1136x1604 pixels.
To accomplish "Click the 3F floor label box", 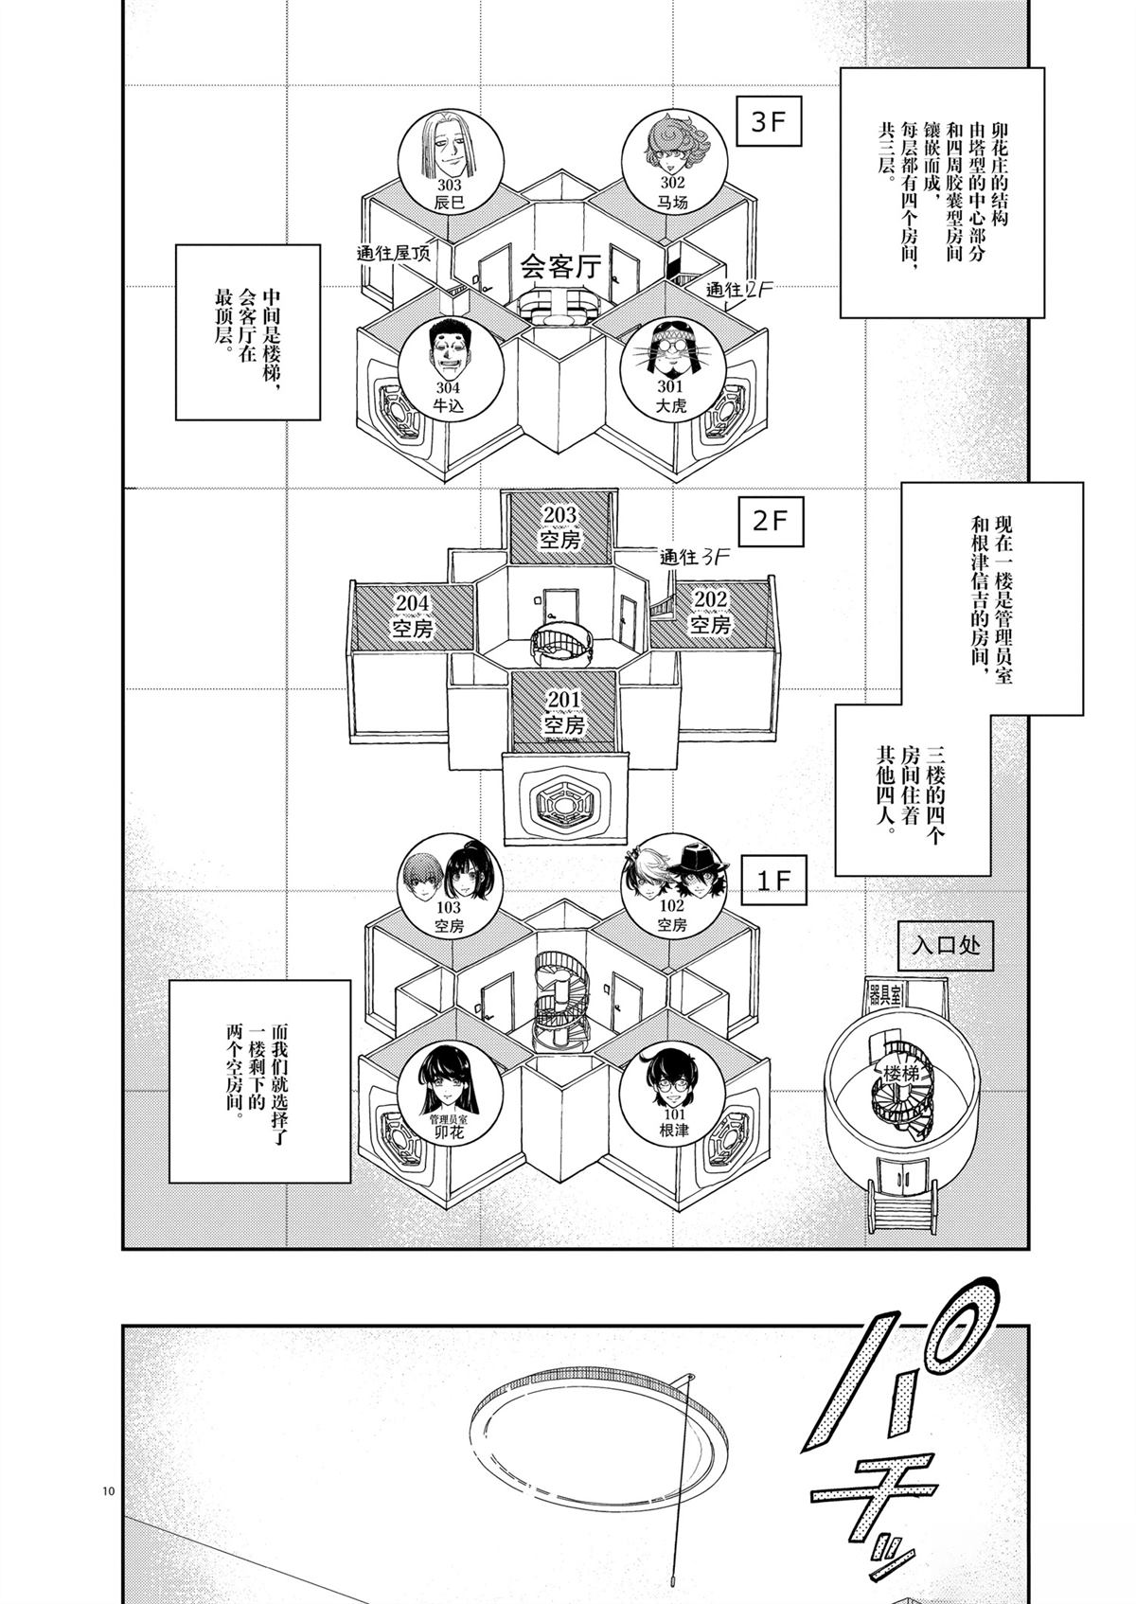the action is [x=770, y=122].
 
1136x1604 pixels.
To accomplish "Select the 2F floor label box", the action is [x=770, y=522].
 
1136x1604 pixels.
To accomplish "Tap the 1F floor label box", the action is [x=773, y=880].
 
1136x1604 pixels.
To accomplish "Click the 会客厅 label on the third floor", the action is [x=560, y=267].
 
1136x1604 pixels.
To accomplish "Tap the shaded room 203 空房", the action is [x=560, y=527].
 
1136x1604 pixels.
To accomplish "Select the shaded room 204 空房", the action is [x=413, y=615].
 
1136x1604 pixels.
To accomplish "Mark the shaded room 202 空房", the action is [x=710, y=613].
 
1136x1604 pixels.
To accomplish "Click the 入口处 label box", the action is [x=946, y=945].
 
